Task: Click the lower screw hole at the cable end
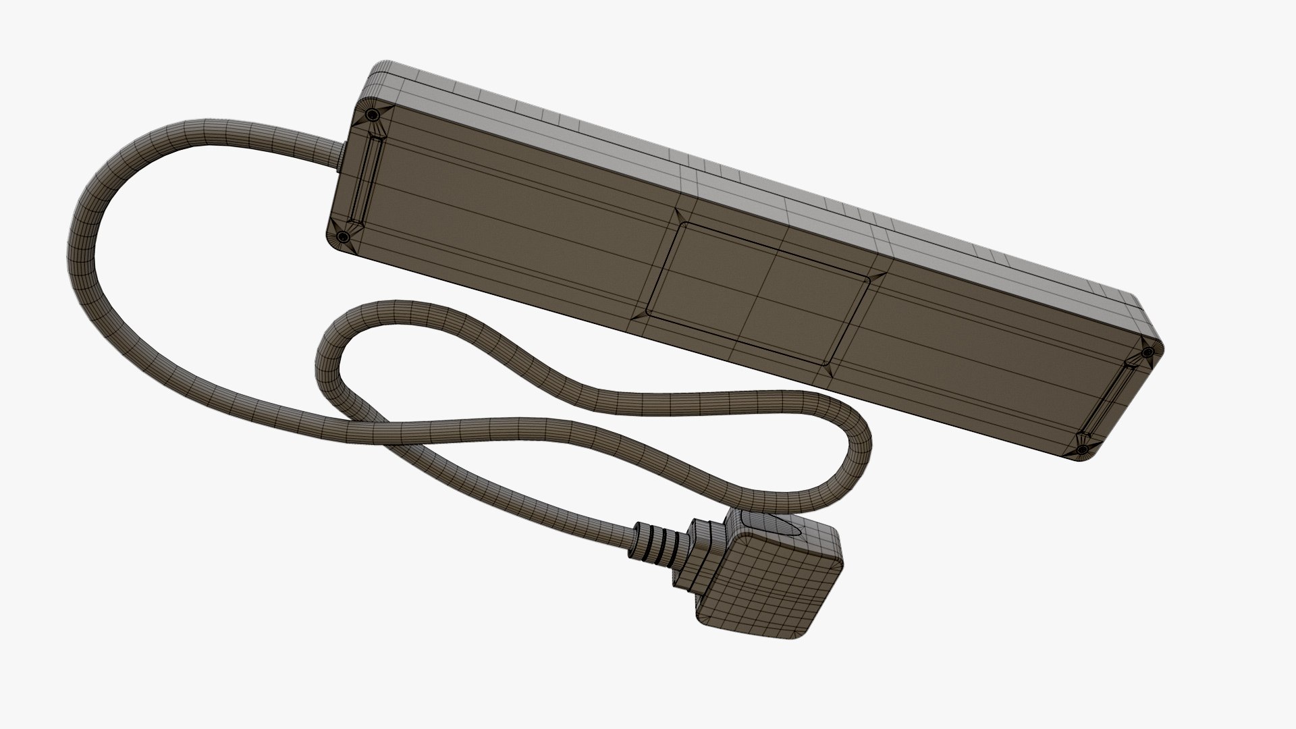tap(342, 237)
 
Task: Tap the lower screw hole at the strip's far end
tap(1081, 449)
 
